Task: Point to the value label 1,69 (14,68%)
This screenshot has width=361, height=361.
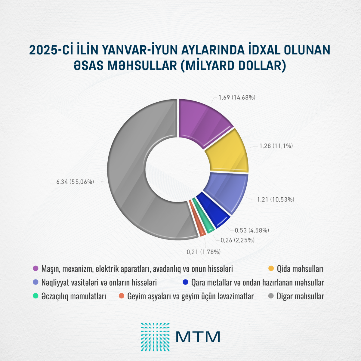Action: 237,97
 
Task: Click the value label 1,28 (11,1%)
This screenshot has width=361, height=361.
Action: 276,146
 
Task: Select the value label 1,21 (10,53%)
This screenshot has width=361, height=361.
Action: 276,199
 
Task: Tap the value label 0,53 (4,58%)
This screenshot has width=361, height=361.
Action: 252,230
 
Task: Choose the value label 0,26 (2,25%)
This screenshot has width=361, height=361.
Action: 238,240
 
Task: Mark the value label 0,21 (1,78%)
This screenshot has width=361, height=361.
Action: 204,252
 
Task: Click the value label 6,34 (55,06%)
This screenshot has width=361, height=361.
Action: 75,182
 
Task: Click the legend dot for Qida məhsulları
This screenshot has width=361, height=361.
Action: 271,268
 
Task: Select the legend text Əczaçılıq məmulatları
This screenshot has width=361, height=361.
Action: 74,296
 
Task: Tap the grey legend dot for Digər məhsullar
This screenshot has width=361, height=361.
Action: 271,296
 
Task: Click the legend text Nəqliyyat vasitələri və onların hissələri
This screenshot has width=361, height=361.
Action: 99,282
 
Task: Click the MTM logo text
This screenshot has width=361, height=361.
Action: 198,337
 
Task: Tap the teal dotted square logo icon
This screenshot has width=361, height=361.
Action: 155,337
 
